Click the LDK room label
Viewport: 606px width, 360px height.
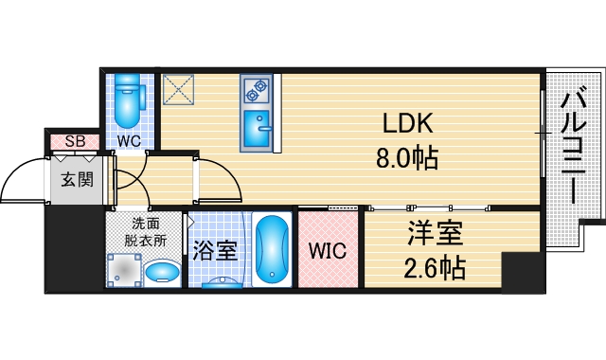click(x=408, y=124)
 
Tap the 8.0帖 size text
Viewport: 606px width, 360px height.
click(x=408, y=158)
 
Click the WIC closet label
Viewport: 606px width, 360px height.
click(x=328, y=251)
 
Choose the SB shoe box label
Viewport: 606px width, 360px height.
click(x=74, y=141)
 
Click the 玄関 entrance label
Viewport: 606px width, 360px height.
click(x=77, y=178)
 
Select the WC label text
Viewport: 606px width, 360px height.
click(x=130, y=141)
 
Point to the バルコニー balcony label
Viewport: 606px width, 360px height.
click(x=572, y=146)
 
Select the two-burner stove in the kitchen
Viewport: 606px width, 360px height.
click(x=256, y=90)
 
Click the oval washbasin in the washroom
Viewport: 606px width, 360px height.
click(x=163, y=275)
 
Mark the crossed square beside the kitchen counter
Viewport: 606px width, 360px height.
click(x=178, y=90)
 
